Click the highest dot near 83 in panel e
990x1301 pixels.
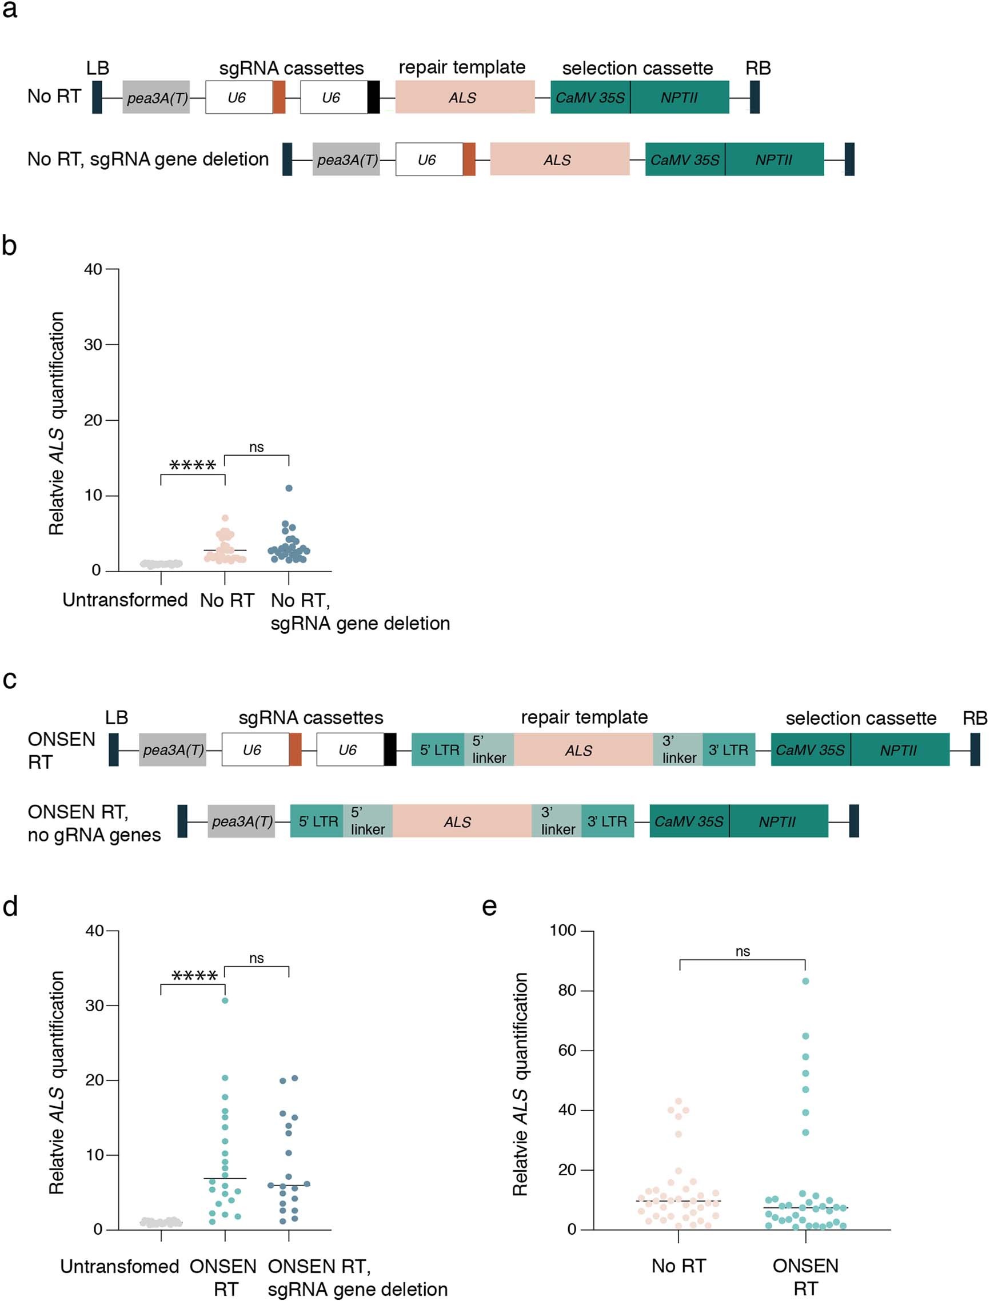[805, 981]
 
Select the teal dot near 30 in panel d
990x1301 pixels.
[225, 1000]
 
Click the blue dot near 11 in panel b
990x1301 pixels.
[289, 488]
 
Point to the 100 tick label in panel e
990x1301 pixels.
[563, 931]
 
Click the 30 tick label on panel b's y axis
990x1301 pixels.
[93, 345]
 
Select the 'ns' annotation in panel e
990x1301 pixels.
[742, 952]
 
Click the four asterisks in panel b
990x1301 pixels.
[193, 465]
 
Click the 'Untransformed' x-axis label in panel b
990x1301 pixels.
[125, 600]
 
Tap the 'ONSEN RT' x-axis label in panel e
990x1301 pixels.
[805, 1276]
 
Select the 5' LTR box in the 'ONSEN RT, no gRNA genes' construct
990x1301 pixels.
[318, 821]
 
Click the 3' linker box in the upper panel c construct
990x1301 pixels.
[678, 749]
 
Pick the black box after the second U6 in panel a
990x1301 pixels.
[374, 97]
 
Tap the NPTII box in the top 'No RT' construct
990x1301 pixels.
[680, 97]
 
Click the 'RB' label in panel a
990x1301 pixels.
[758, 69]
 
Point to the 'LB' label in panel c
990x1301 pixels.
[116, 718]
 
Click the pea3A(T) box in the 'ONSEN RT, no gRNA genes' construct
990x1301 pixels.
[242, 821]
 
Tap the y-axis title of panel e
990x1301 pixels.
[520, 1084]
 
